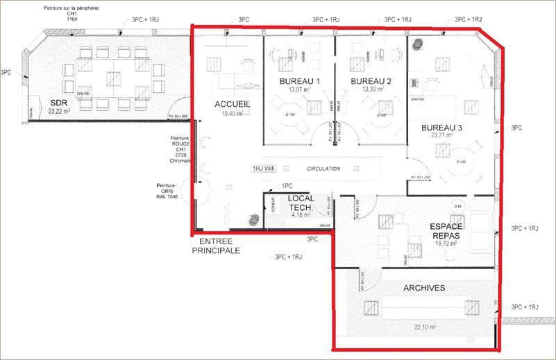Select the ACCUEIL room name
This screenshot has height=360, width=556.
click(232, 104)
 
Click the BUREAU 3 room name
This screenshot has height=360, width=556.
click(441, 128)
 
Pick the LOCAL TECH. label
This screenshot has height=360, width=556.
click(301, 203)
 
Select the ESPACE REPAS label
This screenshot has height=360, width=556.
click(446, 230)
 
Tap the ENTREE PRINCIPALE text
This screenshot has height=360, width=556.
click(215, 246)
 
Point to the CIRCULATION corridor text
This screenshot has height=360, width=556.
click(323, 169)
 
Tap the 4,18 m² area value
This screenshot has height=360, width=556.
click(301, 215)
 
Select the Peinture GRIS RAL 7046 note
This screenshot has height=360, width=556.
click(169, 191)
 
